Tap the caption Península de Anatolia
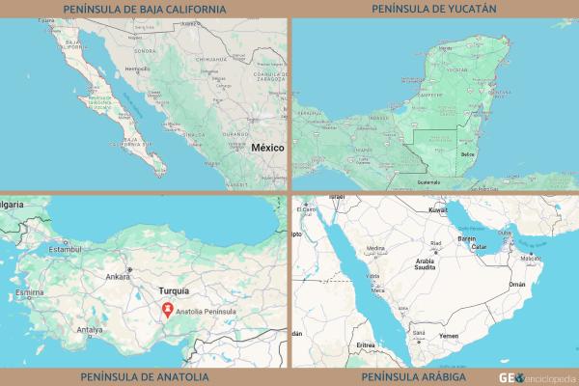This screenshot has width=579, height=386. [144, 376]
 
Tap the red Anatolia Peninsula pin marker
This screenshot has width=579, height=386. [168, 311]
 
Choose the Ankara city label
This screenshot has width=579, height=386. [118, 277]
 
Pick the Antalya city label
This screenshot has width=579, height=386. [90, 329]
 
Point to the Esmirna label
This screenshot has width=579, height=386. [30, 291]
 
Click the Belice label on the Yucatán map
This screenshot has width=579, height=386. [469, 154]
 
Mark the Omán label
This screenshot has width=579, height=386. [518, 285]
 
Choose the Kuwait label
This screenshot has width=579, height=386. [438, 208]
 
